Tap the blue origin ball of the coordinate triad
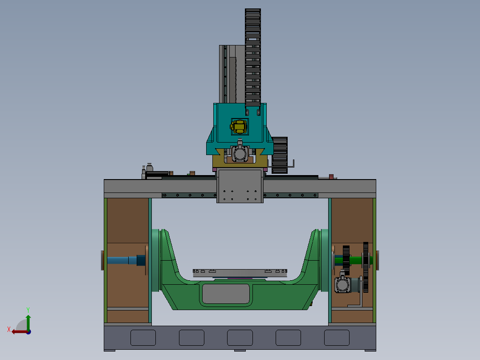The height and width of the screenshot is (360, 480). coord(28,331)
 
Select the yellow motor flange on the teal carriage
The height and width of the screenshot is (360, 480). coord(239,127)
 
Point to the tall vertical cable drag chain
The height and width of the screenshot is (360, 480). coord(252,58)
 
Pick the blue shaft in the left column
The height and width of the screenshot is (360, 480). coord(122,260)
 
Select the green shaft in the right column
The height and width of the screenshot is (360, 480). coord(356,259)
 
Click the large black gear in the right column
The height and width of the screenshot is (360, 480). coord(366,267)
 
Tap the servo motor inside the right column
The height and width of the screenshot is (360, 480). coord(342,285)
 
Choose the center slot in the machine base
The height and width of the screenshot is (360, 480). coord(240,338)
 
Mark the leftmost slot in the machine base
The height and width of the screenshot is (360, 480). coord(143,338)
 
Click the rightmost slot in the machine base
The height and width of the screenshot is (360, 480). coord(337,338)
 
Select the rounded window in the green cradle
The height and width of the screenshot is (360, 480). coord(225,294)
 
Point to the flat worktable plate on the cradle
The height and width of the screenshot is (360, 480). coord(240,273)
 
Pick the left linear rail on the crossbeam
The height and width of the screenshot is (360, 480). coord(189,195)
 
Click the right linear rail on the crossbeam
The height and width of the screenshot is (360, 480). coord(291,195)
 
